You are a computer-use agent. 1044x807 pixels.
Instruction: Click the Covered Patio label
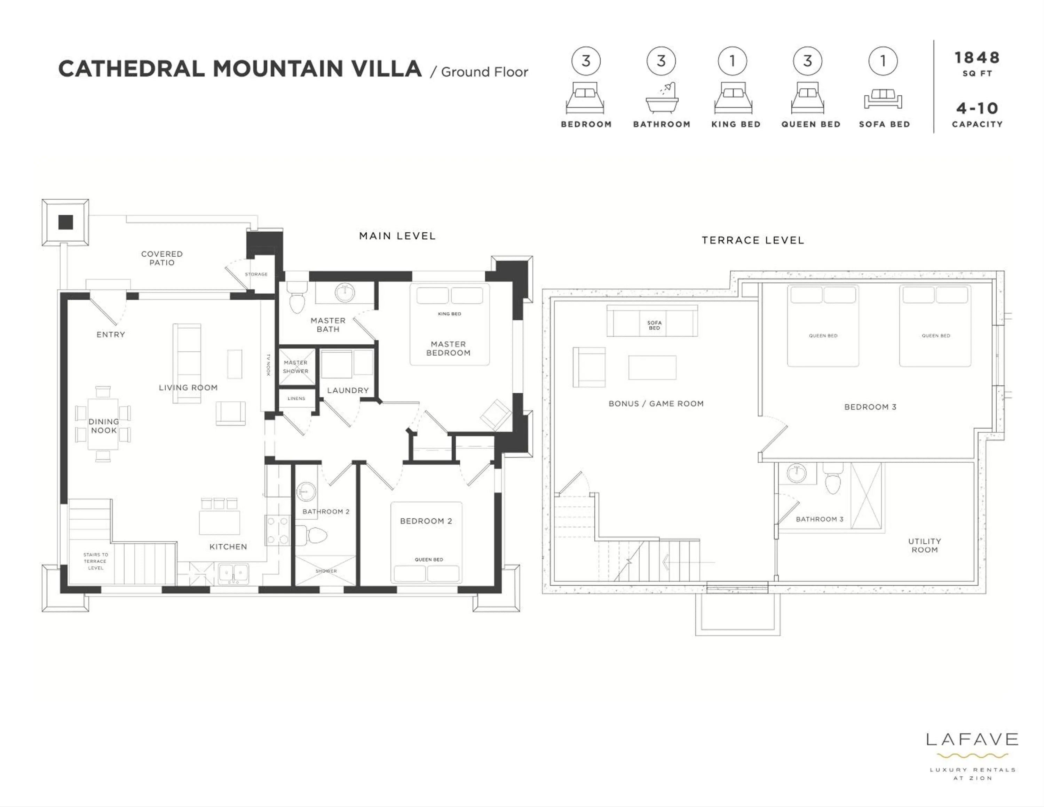pos(161,258)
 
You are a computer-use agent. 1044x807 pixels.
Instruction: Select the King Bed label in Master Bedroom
pos(449,314)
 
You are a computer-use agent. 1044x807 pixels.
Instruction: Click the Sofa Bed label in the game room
pos(654,325)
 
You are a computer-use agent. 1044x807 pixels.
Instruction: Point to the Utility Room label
pos(925,545)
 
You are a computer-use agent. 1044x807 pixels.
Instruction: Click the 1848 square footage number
pos(977,58)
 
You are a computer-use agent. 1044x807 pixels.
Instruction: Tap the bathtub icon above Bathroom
pos(662,98)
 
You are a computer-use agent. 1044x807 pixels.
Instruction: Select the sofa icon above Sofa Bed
pos(883,99)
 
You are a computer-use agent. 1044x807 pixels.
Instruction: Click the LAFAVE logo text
pos(972,740)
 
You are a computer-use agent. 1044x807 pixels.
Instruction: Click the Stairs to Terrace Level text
pos(96,561)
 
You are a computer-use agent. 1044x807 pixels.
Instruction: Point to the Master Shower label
pos(295,367)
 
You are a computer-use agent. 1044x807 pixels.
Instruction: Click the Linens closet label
pos(296,398)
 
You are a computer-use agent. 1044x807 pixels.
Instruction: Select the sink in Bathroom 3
pos(796,473)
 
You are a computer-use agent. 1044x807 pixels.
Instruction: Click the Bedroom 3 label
pos(870,407)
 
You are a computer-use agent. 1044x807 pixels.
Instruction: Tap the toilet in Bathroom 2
pos(316,535)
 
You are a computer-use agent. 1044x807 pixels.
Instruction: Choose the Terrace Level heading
pos(753,240)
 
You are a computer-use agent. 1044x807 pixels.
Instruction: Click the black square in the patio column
pos(65,222)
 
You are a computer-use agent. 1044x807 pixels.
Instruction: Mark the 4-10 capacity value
pos(977,109)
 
